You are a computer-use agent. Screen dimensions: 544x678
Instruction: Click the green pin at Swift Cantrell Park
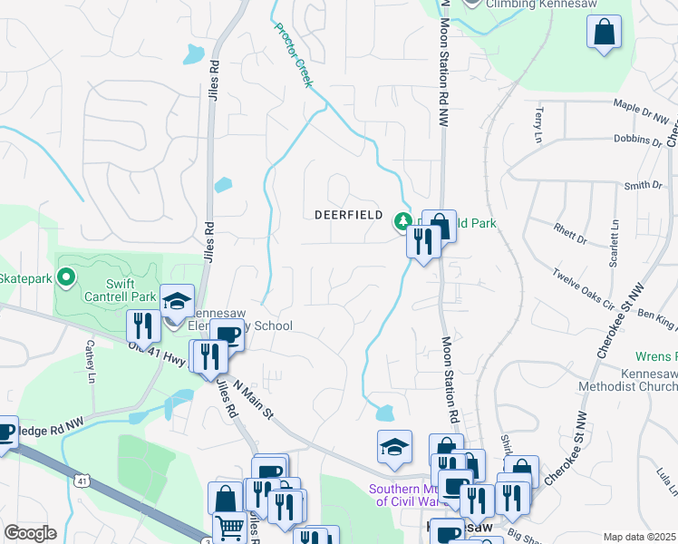click(x=65, y=276)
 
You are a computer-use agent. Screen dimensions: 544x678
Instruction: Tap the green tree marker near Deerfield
click(x=402, y=220)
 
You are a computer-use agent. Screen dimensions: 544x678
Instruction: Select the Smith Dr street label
click(x=644, y=185)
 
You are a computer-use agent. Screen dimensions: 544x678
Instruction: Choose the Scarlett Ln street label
click(x=615, y=237)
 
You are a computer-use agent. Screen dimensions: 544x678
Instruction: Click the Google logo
click(x=30, y=533)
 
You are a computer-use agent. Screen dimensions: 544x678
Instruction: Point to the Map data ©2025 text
click(x=638, y=537)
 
